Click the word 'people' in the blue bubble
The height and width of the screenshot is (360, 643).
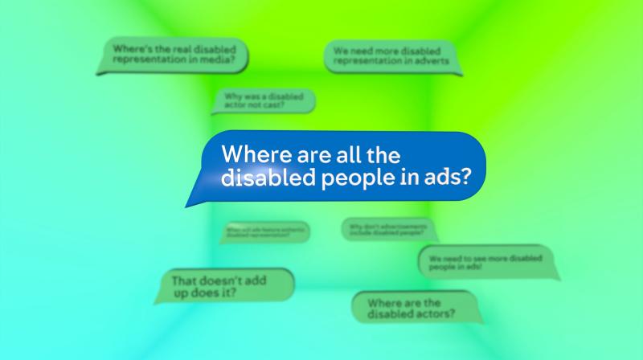pyautogui.click(x=346, y=178)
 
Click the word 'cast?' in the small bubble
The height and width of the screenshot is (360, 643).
pyautogui.click(x=274, y=105)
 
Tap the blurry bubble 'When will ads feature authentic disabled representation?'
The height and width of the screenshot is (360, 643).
pyautogui.click(x=264, y=232)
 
